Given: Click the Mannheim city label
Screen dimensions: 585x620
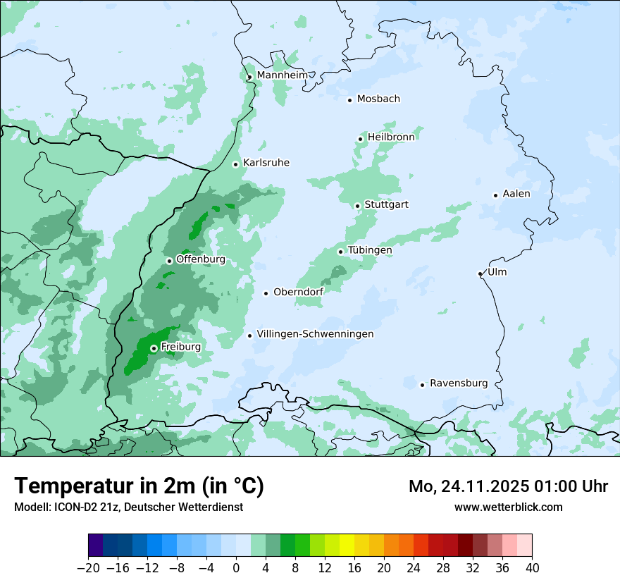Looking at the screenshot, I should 281,75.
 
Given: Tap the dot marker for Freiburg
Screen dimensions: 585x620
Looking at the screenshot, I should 154,348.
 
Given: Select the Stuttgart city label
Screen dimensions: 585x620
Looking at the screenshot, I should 386,204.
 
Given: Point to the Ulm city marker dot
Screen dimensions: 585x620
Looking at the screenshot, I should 480,273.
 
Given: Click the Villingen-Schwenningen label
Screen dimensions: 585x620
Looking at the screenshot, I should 315,334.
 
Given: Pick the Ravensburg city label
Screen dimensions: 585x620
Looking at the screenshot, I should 459,383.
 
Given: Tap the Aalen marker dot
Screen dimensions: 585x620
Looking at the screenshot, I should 495,195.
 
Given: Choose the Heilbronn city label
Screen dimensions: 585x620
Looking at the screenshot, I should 391,137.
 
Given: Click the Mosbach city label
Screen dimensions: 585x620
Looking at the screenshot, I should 378,99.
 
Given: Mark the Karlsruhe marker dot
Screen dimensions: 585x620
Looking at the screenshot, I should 236,164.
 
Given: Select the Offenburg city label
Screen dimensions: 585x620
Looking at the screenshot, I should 201,259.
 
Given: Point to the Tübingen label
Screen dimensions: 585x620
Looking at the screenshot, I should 370,250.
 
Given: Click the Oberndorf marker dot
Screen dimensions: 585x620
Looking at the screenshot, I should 266,293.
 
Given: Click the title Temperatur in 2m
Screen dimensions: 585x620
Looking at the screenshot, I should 139,486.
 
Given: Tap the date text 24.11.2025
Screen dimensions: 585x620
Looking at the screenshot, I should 486,486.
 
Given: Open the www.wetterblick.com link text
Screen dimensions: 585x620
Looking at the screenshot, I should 508,507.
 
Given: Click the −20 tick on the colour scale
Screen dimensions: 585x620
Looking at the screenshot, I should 88,568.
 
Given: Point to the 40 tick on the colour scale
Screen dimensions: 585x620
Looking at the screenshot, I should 532,568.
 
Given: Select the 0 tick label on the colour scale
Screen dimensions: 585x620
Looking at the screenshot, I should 236,568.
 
